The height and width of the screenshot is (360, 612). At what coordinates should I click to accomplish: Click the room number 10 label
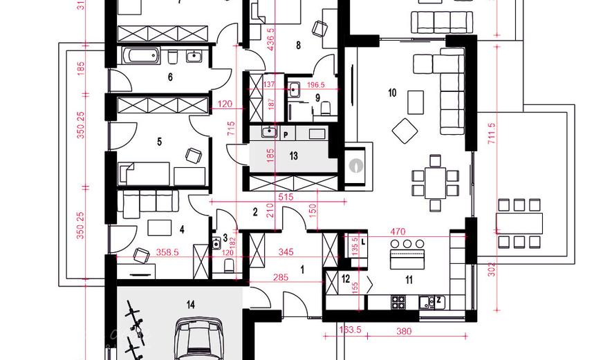tap(392, 93)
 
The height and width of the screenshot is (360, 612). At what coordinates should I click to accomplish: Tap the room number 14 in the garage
tap(190, 303)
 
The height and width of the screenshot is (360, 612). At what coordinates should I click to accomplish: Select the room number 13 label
tap(293, 156)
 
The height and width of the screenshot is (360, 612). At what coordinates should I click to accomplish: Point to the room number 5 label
tap(159, 142)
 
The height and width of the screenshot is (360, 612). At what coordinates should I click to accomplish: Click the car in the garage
tap(203, 340)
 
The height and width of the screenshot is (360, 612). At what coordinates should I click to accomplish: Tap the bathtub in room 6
tap(140, 56)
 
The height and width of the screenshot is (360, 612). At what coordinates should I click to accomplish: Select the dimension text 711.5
tap(492, 136)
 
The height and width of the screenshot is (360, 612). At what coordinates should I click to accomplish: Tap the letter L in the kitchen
tap(362, 239)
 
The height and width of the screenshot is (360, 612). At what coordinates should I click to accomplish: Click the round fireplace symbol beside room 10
tap(355, 166)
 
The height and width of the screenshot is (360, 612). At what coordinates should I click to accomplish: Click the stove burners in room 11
tap(399, 301)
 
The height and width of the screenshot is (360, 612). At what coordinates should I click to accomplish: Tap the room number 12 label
tap(346, 278)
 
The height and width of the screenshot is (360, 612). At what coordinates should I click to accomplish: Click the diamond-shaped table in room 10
tap(405, 129)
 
